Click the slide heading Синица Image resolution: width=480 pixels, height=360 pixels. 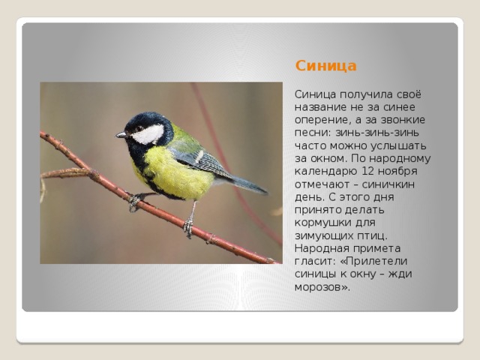click(x=325, y=65)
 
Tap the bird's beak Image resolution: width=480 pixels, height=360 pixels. click(x=121, y=135)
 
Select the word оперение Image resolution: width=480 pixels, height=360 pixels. click(x=319, y=120)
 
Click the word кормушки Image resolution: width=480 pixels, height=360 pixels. click(x=322, y=223)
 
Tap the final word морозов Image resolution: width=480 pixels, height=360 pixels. click(x=322, y=286)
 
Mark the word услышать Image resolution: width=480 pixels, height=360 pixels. click(x=400, y=145)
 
